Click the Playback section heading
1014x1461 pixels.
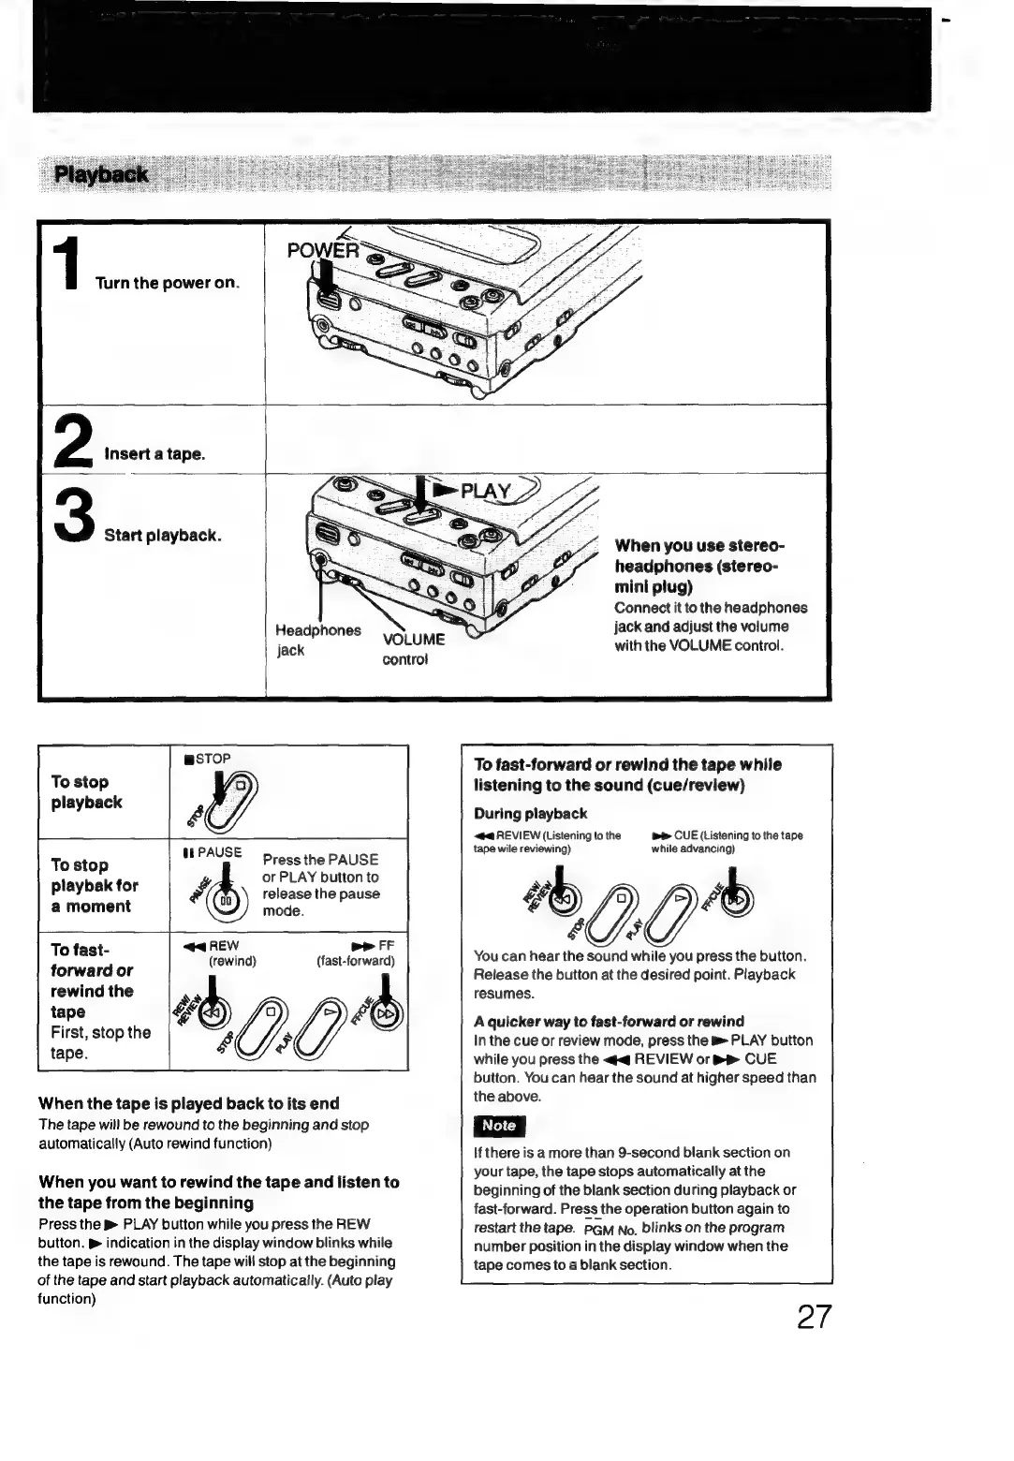point(101,174)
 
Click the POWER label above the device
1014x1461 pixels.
point(322,251)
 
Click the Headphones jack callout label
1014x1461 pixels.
point(317,640)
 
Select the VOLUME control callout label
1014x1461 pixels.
point(413,649)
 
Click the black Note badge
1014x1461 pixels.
point(500,1126)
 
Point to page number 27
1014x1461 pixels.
point(813,1317)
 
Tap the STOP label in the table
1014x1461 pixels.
point(208,759)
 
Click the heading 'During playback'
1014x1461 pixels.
point(531,814)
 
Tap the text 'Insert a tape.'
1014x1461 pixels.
point(154,454)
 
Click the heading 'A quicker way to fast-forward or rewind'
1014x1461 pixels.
point(609,1022)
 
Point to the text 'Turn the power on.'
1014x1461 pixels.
point(167,283)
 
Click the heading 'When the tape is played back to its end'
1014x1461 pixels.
point(188,1103)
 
